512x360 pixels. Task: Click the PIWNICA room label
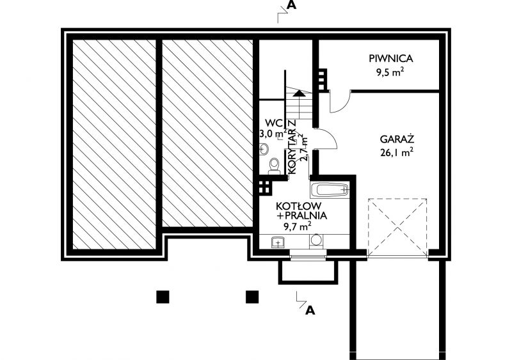tap(391, 59)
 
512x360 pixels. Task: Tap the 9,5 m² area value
tap(388, 72)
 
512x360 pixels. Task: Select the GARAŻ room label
tap(397, 139)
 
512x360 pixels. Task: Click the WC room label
tap(274, 123)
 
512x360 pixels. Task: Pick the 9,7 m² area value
tap(297, 226)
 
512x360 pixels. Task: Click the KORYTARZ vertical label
tap(292, 146)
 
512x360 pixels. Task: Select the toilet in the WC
tap(274, 166)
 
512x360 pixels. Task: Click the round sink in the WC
tap(264, 149)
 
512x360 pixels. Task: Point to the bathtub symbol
tap(330, 190)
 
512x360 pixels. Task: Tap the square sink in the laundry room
tap(278, 242)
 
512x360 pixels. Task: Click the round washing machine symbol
tap(316, 240)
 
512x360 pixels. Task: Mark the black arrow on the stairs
tap(299, 93)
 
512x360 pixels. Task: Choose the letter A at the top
tap(291, 5)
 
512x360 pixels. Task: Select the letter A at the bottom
tap(310, 310)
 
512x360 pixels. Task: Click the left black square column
tap(163, 297)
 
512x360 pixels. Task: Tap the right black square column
tap(252, 297)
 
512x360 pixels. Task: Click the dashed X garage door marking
tap(397, 227)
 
